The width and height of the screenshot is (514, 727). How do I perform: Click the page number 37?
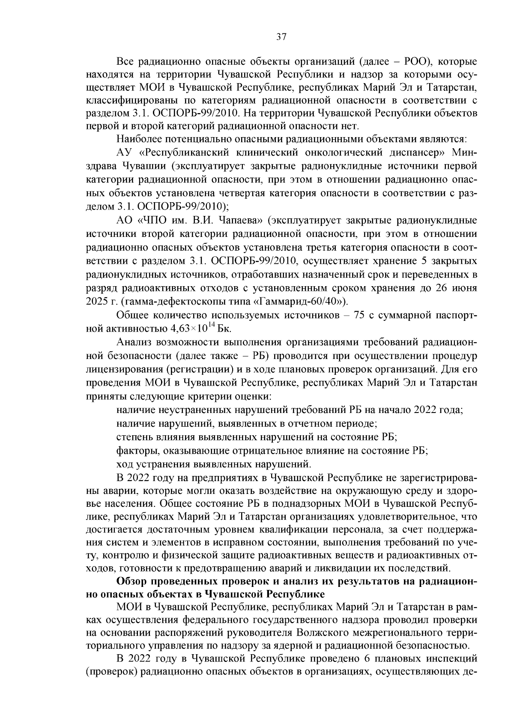coord(281,37)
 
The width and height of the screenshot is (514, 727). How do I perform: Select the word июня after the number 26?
coord(464,288)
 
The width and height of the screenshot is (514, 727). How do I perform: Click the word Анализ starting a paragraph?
coord(132,343)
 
